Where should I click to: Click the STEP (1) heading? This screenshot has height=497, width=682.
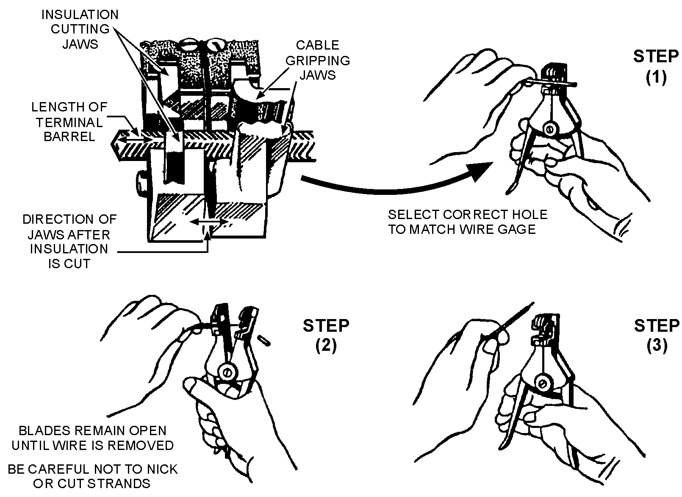(656, 67)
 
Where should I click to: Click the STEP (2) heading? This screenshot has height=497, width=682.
(326, 335)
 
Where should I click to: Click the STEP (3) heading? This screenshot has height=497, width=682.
(657, 335)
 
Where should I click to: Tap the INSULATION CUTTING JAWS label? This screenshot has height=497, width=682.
(80, 29)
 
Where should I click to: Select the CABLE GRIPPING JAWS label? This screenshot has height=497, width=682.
(317, 60)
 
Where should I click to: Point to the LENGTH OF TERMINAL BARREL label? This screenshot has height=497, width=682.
(69, 122)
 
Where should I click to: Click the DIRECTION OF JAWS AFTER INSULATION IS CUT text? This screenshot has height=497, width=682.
(69, 241)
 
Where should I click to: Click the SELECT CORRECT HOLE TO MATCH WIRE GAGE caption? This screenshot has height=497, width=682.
(468, 222)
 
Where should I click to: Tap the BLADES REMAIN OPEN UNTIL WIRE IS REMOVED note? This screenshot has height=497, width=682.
(92, 438)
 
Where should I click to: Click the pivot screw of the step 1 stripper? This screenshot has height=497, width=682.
(550, 128)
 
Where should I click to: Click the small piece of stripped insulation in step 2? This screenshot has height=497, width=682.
(263, 339)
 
